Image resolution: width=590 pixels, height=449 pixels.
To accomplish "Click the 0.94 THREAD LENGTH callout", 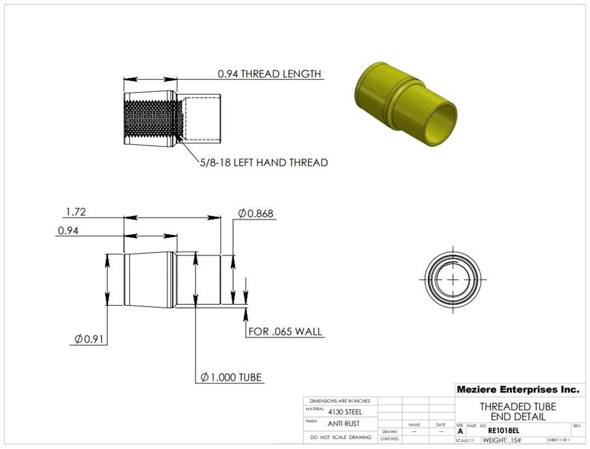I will coord(269,74).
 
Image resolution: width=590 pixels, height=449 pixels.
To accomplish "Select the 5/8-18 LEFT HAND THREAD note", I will coord(263,163).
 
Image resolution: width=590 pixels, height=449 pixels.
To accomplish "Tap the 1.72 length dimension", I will coord(76,213).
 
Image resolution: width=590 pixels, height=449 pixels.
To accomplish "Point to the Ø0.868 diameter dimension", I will coord(256,214).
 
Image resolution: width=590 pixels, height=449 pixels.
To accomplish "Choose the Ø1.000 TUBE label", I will coord(232,378).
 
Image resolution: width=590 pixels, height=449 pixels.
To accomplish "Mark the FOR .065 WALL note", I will coord(285,332).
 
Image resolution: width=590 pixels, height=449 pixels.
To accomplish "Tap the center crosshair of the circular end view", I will coord(454,279).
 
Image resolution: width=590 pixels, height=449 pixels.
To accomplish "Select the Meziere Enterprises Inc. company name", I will coord(517,389).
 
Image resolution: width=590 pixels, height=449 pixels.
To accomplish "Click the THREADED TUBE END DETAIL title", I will coord(517,412).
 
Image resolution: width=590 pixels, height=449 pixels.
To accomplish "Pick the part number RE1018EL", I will coord(508,431).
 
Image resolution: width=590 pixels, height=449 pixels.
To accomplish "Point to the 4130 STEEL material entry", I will coord(345,412).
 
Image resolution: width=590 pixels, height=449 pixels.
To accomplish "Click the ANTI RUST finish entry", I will coord(344,424).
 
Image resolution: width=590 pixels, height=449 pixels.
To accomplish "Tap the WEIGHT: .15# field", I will coord(502,440).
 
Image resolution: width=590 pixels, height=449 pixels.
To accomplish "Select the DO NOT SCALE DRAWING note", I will coord(340,437).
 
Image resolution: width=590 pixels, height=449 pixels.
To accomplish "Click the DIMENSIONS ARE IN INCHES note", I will coord(340,400).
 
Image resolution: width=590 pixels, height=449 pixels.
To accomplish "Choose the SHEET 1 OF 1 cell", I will coord(558,440).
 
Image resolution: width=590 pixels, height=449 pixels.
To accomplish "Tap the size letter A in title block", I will coord(460,431).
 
